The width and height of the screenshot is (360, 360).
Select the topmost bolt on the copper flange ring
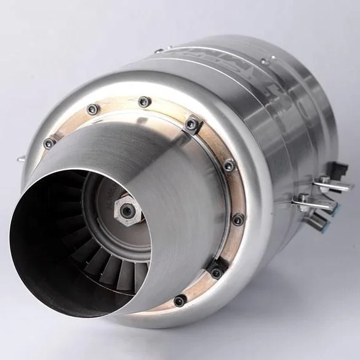(x=143, y=102)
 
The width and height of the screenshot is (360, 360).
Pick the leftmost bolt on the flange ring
(x=49, y=143)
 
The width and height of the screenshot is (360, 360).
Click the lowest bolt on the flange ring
(x=180, y=301)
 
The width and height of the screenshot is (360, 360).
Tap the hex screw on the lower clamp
(x=303, y=199)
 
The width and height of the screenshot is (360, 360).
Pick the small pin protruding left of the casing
(x=20, y=159)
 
